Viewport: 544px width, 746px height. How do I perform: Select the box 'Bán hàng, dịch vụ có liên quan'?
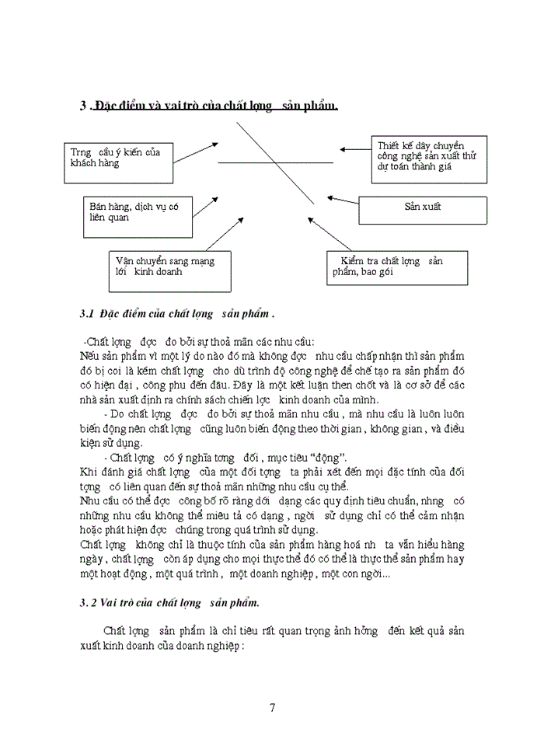(x=138, y=215)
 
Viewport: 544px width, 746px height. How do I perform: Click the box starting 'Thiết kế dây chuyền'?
(x=428, y=159)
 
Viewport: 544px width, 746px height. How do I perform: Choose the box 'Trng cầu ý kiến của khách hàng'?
(x=118, y=161)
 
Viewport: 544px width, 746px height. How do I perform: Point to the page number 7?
(x=272, y=707)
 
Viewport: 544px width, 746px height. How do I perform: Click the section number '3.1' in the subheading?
(x=87, y=314)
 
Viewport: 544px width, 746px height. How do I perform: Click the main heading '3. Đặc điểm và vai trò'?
(x=208, y=106)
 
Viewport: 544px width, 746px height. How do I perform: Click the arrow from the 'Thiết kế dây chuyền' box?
(x=355, y=149)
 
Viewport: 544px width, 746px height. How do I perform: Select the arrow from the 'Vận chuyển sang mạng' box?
(x=225, y=234)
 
